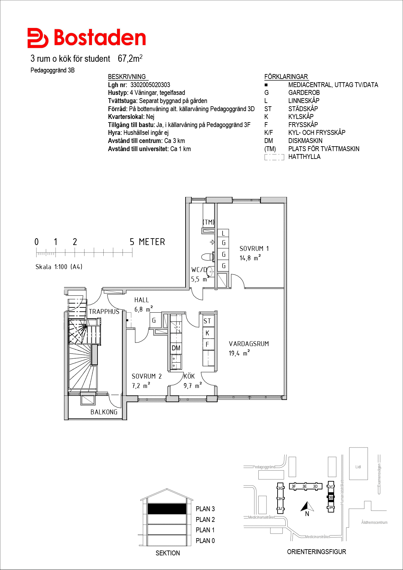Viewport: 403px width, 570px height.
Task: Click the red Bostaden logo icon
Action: pos(38,38)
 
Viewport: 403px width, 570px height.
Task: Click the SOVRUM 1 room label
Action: pos(254,249)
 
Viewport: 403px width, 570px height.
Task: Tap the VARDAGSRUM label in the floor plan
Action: pos(249,344)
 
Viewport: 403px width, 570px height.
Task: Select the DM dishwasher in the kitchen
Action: pos(176,348)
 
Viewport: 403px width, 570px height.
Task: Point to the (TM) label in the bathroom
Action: pos(209,222)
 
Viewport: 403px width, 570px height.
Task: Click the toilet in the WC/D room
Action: pos(207,257)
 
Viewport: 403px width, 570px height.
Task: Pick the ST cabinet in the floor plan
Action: pos(207,321)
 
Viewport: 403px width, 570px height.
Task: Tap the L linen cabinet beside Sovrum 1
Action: pos(223,233)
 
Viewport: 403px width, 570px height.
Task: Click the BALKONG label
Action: pos(104,412)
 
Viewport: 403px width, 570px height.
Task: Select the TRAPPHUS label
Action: pos(104,312)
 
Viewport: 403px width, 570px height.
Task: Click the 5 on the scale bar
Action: pos(132,242)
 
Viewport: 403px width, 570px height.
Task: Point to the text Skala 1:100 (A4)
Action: pos(59,267)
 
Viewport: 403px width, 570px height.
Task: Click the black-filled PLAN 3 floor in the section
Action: pos(167,509)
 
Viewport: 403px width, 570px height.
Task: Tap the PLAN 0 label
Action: pos(205,541)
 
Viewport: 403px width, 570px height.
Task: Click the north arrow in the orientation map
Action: pos(307,506)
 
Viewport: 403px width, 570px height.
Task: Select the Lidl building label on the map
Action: pos(358,467)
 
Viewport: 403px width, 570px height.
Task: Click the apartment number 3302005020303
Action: pos(150,85)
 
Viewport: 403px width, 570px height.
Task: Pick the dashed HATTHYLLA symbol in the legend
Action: pos(274,157)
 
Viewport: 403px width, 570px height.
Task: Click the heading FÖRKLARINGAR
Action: pos(286,77)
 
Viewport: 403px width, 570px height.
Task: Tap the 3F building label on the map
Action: pos(294,486)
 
